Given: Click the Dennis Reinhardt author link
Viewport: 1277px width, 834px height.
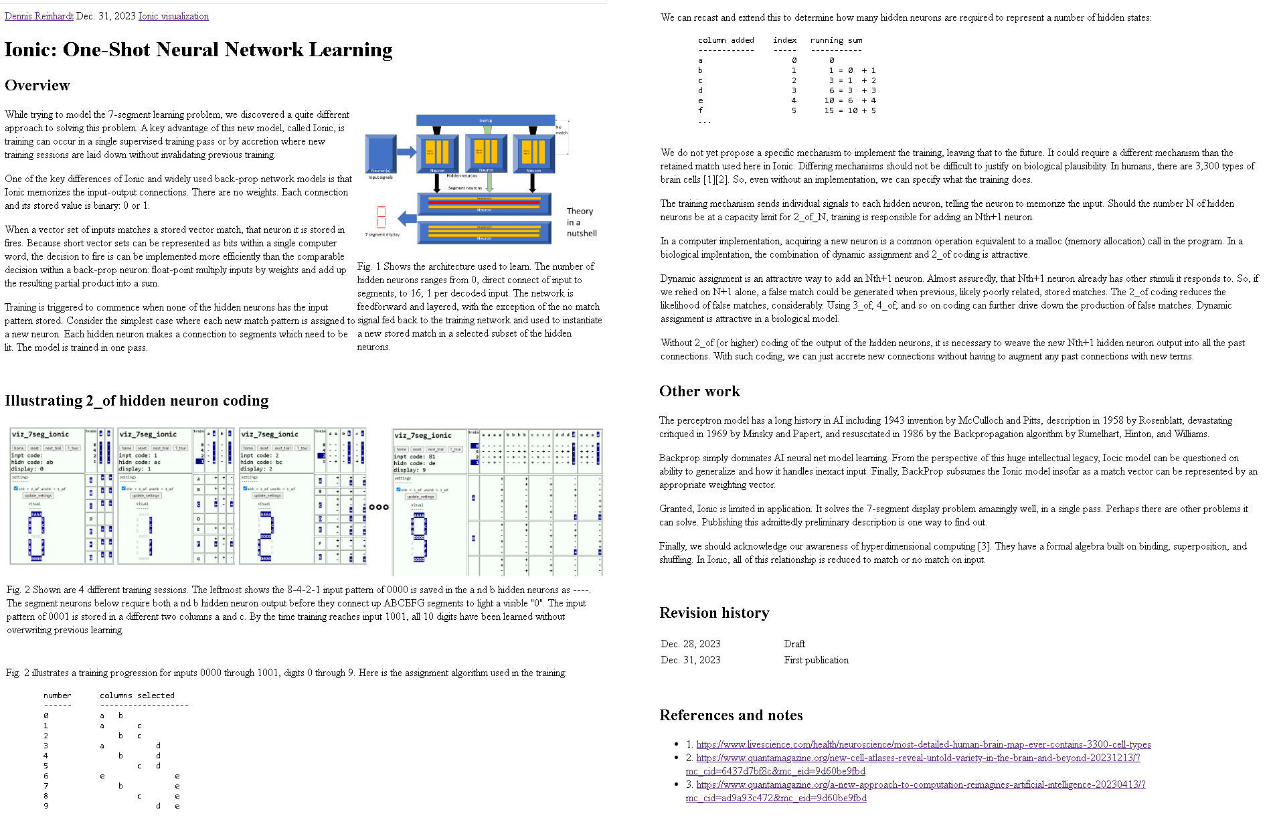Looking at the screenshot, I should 39,16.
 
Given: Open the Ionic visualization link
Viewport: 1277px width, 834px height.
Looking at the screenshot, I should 173,16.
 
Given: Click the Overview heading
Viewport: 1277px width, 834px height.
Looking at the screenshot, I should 37,86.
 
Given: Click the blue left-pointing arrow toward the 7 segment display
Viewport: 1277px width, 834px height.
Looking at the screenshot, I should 407,218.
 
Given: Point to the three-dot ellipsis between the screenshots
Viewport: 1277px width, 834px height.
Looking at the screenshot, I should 379,507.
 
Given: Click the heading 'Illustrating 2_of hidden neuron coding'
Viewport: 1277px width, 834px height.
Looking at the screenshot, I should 137,401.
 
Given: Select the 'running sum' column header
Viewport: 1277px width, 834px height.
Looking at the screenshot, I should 836,40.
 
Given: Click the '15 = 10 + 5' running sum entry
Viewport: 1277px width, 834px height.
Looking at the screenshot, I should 850,110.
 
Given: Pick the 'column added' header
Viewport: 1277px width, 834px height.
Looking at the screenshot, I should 726,40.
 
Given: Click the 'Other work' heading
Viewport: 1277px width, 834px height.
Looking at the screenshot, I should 699,392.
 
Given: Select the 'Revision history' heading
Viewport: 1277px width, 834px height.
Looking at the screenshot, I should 714,613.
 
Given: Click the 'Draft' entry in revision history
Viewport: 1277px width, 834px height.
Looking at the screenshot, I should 794,644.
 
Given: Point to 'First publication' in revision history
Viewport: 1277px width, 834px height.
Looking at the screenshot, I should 816,660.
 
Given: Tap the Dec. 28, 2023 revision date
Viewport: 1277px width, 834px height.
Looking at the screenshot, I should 690,644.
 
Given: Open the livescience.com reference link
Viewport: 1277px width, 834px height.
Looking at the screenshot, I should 923,744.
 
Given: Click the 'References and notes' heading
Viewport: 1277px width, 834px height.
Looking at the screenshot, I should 731,716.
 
